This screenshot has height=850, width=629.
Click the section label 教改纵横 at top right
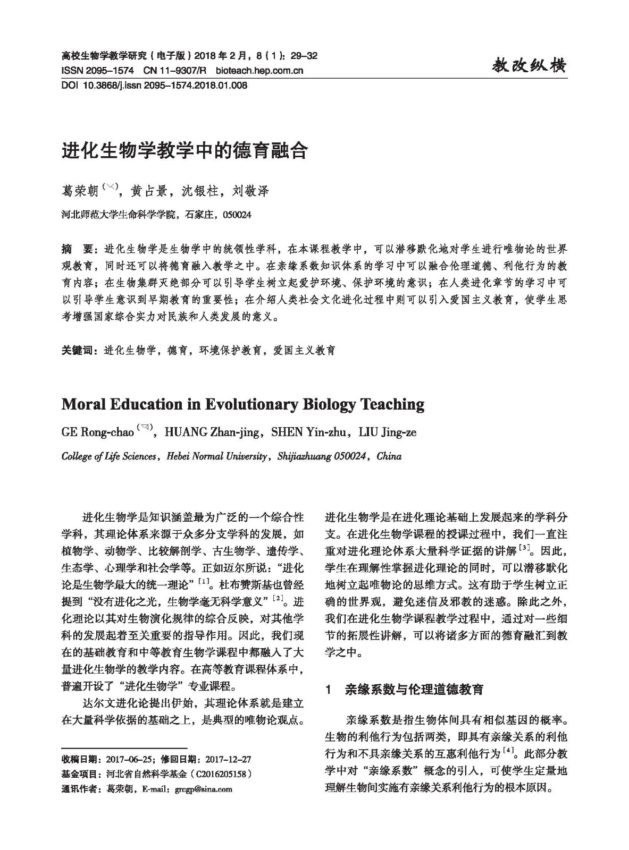(529, 65)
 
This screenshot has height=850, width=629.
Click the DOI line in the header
(154, 85)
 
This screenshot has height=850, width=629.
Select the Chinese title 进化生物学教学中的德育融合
(184, 151)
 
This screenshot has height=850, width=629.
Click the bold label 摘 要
(77, 249)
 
